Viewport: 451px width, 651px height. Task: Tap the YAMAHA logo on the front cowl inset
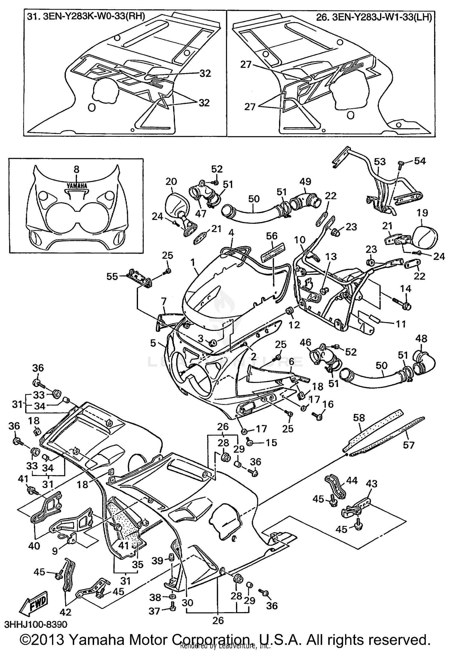pyautogui.click(x=77, y=186)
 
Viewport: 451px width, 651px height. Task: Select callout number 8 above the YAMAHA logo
pyautogui.click(x=76, y=170)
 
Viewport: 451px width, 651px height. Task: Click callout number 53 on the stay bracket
pyautogui.click(x=379, y=162)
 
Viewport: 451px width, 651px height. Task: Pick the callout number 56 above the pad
pyautogui.click(x=272, y=236)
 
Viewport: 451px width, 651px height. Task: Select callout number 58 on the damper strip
pyautogui.click(x=359, y=417)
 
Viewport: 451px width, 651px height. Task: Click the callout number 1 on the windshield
pyautogui.click(x=192, y=262)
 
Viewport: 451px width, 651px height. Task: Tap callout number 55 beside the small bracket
pyautogui.click(x=112, y=276)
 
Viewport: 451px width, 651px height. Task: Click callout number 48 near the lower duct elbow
pyautogui.click(x=421, y=339)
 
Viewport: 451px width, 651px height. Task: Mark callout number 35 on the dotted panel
pyautogui.click(x=138, y=564)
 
